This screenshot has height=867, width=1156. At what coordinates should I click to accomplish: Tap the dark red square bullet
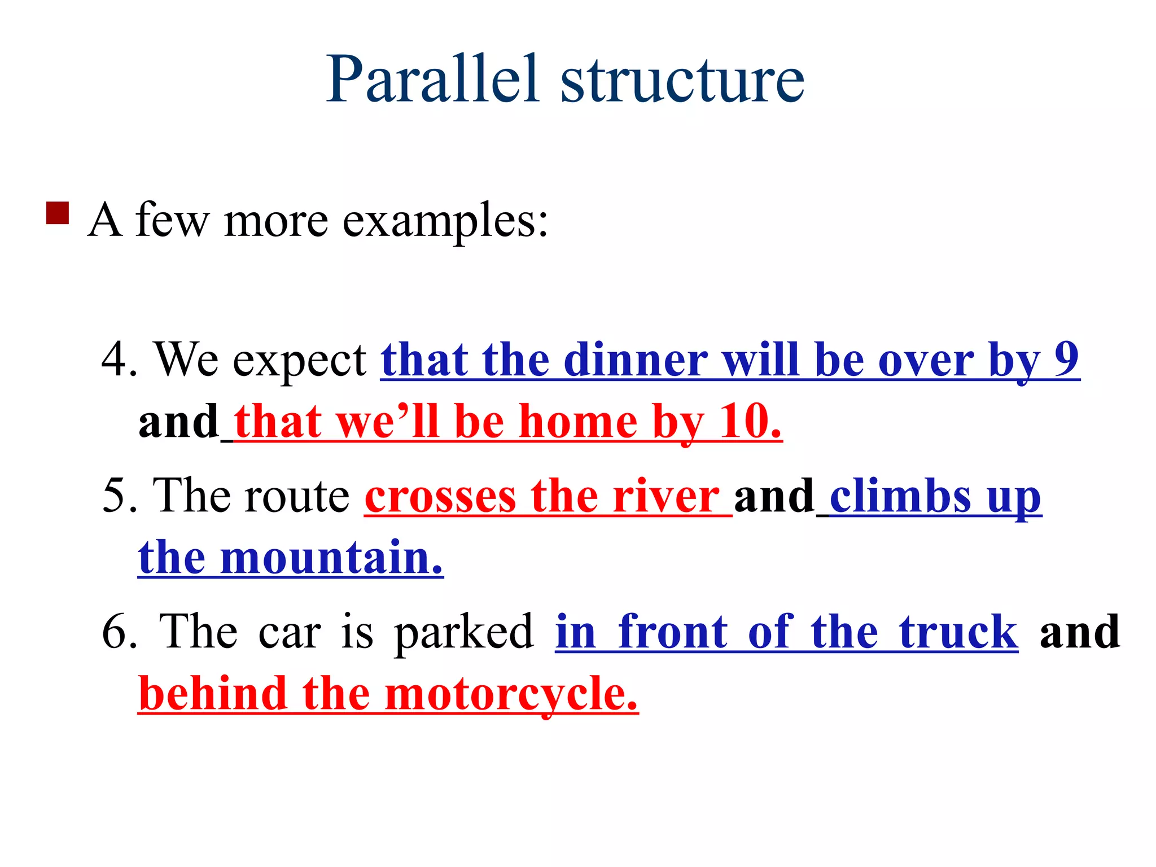click(x=58, y=213)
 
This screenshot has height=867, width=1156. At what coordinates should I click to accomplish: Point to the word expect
click(x=300, y=361)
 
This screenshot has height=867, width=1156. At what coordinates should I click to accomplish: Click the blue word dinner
click(x=635, y=360)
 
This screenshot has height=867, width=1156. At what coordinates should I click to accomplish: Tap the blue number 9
click(x=1066, y=358)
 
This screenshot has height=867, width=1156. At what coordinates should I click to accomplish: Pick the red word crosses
click(x=440, y=497)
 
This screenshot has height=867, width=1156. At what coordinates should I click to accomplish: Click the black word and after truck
click(x=1079, y=632)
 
